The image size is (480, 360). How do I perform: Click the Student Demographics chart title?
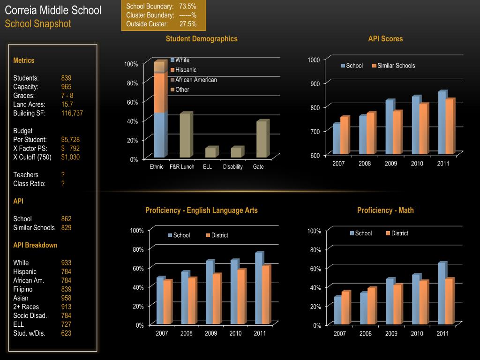202,39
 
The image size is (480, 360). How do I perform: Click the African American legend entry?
196,80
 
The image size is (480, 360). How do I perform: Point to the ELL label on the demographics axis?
207,167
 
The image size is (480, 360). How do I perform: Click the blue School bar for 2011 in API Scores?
442,122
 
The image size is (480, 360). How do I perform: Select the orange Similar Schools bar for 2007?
344,135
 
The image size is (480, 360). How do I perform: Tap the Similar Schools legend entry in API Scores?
396,66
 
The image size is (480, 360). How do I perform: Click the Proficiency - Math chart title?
385,210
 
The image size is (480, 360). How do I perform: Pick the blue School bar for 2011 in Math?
442,293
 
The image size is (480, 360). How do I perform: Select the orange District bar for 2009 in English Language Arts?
216,299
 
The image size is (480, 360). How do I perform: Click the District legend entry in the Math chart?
399,233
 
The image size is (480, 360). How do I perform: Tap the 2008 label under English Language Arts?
187,333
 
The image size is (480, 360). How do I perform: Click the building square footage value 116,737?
72,113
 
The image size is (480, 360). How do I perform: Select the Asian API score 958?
66,298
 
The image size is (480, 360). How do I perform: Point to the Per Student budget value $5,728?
70,139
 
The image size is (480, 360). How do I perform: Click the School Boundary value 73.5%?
187,6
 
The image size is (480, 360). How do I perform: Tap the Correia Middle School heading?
53,10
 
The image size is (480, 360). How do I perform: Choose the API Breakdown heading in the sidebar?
35,245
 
